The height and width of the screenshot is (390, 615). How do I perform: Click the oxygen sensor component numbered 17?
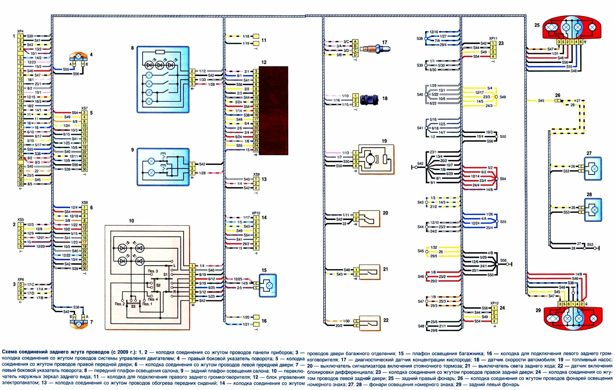pos(375,49)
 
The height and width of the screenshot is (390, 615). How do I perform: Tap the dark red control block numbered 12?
pos(273,110)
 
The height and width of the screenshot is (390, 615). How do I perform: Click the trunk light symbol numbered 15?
pos(268,285)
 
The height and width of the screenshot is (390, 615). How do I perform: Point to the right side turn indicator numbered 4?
pos(78,57)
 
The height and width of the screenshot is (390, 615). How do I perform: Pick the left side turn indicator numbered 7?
pos(79,323)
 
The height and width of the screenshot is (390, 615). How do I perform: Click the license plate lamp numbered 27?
pos(593,169)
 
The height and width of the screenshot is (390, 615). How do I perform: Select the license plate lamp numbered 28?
pos(593,210)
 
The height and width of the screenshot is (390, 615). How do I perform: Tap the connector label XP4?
pos(20,31)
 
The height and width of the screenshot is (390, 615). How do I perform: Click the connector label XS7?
pos(84,108)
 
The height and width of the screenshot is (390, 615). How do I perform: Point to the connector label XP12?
pos(494,303)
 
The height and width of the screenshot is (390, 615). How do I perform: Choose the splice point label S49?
pos(503,97)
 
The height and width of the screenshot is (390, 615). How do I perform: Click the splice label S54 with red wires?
pos(503,179)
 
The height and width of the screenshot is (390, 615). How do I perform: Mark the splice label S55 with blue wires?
pos(503,222)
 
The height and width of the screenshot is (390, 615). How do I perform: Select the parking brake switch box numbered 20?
pos(369,219)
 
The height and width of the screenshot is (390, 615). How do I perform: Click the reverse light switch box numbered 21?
pos(369,272)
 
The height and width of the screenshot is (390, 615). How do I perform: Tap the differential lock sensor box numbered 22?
pos(369,323)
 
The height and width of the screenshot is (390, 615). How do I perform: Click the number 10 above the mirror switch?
pos(131,221)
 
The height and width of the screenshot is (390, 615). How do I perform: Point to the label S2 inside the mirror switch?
pos(158,285)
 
